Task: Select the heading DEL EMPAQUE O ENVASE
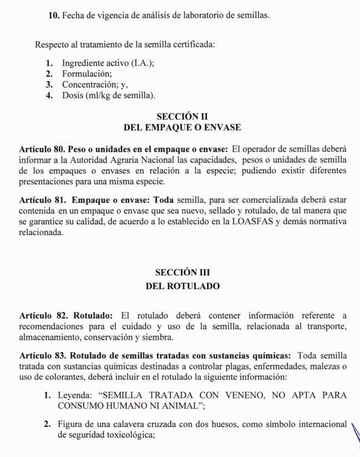182,127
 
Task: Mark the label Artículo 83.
41,356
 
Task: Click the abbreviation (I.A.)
142,63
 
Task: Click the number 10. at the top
53,16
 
